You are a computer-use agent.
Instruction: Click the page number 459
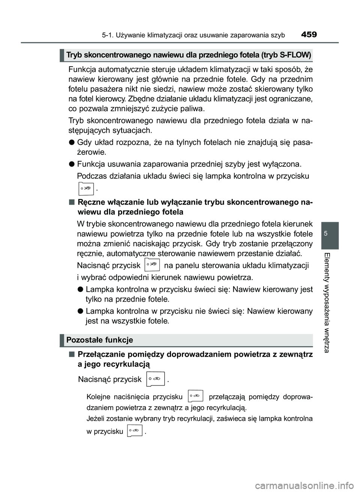pyautogui.click(x=309, y=35)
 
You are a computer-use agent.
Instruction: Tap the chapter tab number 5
pyautogui.click(x=330, y=233)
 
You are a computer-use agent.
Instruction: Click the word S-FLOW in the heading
pyautogui.click(x=295, y=55)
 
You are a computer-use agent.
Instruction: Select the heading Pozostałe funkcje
pyautogui.click(x=99, y=340)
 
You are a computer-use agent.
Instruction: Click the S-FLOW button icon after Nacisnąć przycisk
pyautogui.click(x=152, y=265)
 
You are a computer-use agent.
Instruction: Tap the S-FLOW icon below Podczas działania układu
pyautogui.click(x=86, y=188)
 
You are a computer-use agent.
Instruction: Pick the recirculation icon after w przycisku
pyautogui.click(x=135, y=431)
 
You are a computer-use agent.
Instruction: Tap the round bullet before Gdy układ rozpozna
pyautogui.click(x=71, y=142)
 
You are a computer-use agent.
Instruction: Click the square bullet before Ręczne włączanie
pyautogui.click(x=71, y=202)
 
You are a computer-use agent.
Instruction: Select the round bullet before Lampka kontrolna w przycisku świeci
pyautogui.click(x=80, y=289)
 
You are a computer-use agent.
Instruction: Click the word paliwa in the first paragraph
pyautogui.click(x=193, y=109)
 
